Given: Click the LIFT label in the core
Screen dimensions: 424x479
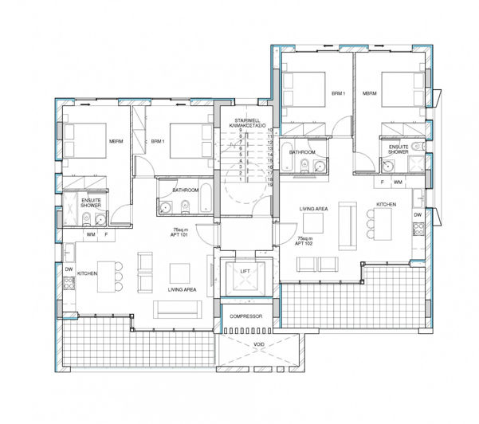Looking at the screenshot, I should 245,272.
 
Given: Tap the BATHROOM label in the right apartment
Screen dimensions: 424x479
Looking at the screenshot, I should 302,151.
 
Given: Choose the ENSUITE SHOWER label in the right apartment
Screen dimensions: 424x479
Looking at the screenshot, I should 399,149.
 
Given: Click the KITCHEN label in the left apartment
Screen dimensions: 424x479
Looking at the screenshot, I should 88,273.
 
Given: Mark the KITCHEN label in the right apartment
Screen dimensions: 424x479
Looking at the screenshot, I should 387,205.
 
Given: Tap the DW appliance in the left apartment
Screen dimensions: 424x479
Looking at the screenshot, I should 69,270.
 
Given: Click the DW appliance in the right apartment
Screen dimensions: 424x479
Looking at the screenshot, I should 417,215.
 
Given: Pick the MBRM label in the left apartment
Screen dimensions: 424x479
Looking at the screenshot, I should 116,143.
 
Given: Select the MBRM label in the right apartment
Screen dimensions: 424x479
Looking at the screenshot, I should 369,93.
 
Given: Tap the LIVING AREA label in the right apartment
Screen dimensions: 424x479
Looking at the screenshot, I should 313,209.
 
